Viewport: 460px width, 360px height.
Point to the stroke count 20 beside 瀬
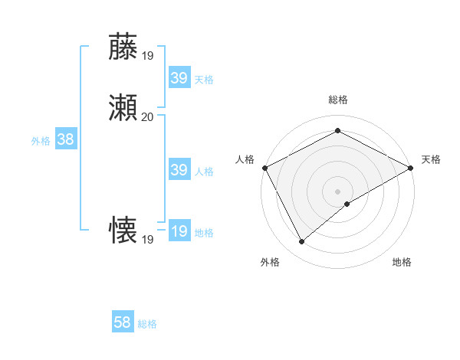tap(147, 117)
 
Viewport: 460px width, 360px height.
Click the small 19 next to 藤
tap(147, 55)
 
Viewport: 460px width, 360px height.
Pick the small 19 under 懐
tap(147, 240)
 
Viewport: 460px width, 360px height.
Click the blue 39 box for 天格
tap(179, 78)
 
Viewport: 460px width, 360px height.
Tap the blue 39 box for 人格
tap(179, 170)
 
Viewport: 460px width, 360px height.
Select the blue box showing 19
tap(179, 231)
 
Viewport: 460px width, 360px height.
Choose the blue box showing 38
tap(65, 139)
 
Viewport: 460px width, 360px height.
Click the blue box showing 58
tap(122, 322)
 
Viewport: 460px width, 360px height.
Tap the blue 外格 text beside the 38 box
tap(41, 141)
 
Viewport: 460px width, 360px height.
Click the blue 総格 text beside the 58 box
tap(147, 324)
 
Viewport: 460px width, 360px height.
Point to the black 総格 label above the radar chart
tap(337, 100)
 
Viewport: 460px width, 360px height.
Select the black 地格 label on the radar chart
tap(402, 262)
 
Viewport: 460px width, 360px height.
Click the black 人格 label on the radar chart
tap(245, 159)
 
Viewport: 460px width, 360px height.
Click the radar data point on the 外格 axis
tap(301, 242)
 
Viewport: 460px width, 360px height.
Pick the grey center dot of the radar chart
tap(338, 191)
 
